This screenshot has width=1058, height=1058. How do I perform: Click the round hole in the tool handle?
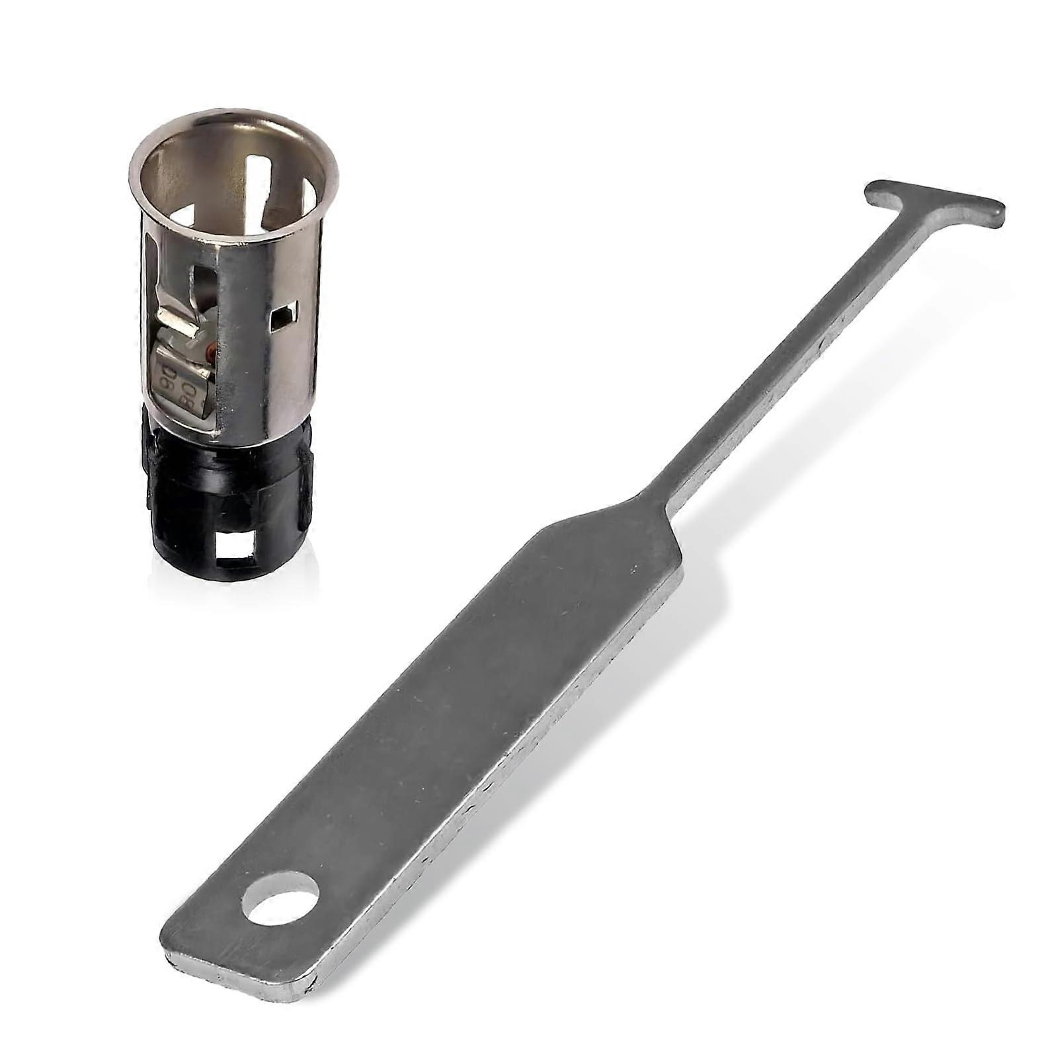[280, 897]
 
